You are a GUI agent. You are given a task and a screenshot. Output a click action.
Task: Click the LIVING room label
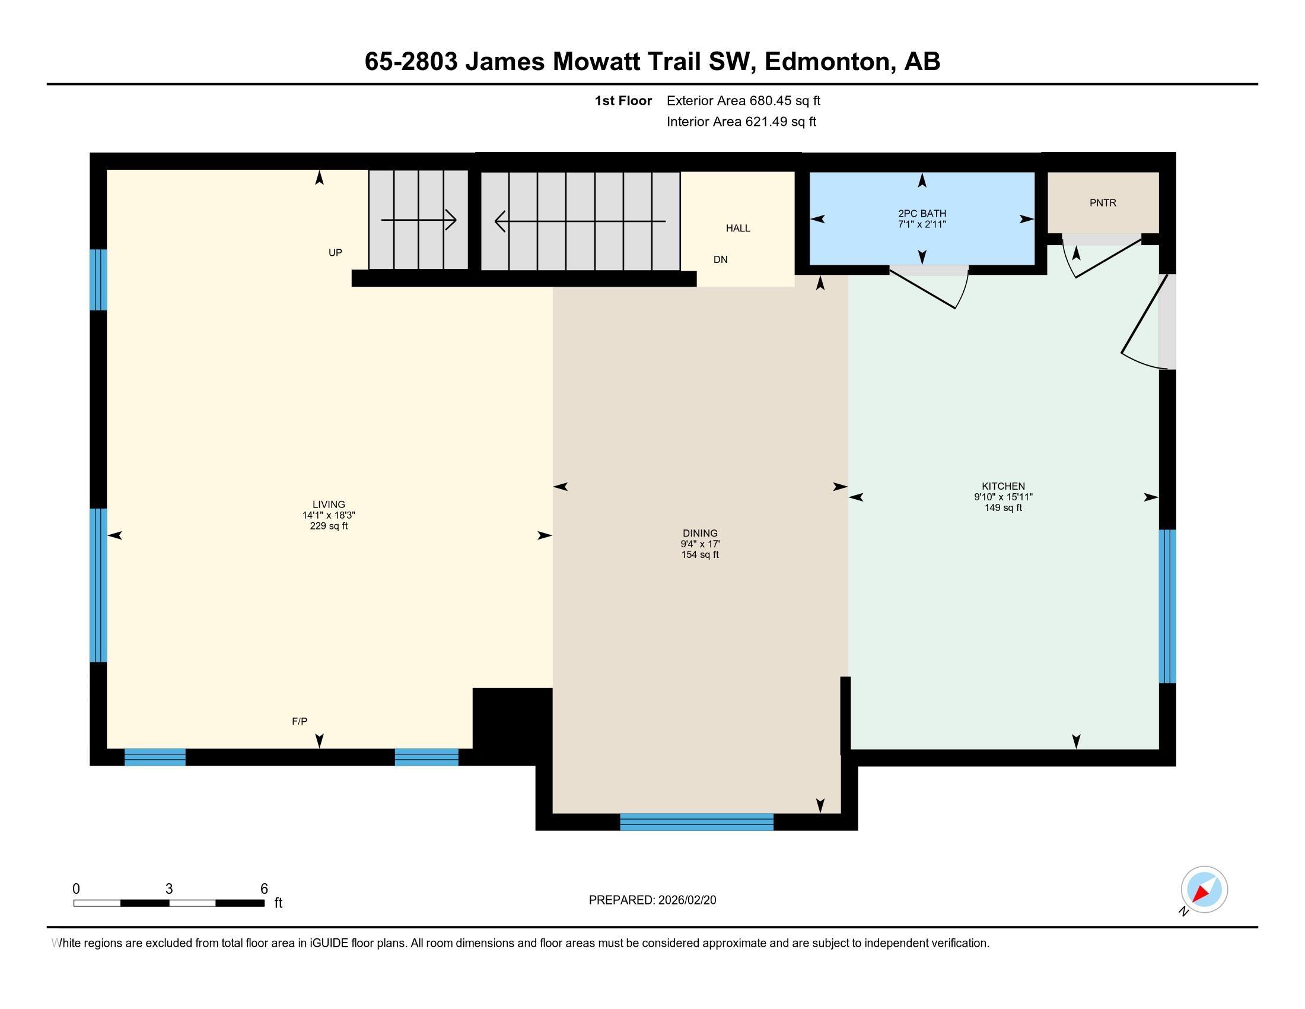click(329, 504)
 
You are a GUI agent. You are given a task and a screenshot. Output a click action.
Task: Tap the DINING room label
click(700, 533)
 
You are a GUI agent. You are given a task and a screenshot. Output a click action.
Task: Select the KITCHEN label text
click(1003, 487)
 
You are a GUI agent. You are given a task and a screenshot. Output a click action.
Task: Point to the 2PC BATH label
click(922, 214)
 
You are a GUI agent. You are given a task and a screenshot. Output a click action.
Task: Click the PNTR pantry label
click(1103, 202)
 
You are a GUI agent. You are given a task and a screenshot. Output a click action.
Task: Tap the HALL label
click(738, 229)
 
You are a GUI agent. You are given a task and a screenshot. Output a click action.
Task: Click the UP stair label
click(335, 253)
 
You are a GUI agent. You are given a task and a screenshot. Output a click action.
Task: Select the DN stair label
click(721, 259)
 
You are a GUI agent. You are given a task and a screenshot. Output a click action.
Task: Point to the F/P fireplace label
click(300, 722)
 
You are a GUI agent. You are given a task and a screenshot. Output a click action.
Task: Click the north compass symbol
click(1204, 890)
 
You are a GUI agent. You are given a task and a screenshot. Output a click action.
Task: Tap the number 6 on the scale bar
click(264, 889)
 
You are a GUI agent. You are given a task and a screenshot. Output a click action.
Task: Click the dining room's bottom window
click(697, 822)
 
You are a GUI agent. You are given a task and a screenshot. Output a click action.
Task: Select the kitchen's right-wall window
click(1167, 606)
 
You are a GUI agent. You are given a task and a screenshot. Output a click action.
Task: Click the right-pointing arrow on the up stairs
click(419, 220)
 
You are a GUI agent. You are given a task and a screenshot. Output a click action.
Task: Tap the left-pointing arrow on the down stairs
click(580, 221)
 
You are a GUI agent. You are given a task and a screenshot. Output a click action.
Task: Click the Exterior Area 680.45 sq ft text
click(743, 101)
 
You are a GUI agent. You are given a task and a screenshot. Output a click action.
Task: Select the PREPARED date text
click(652, 900)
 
